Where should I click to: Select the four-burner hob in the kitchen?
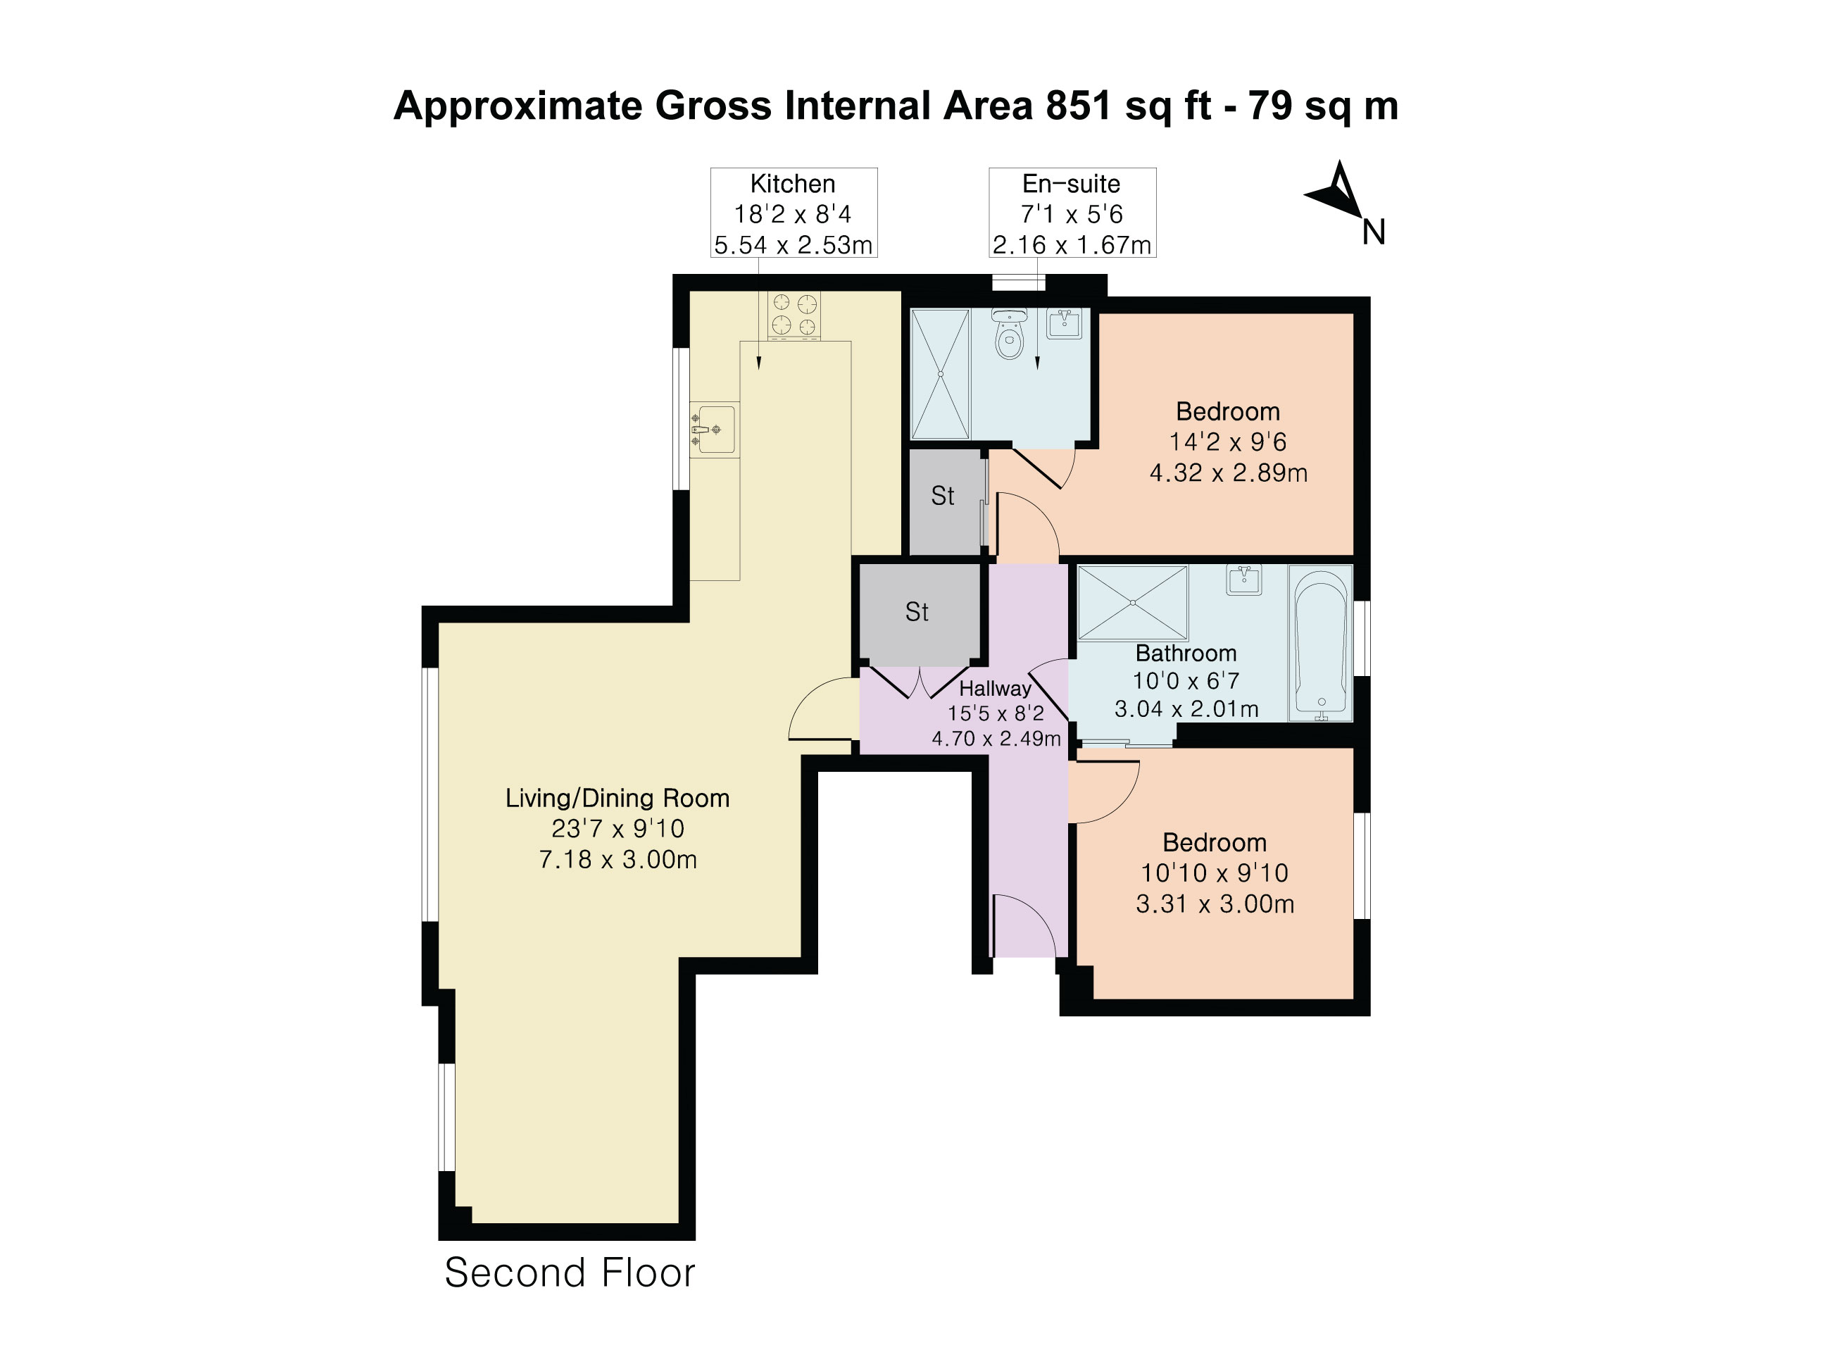click(794, 316)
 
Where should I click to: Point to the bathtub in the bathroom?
click(1321, 643)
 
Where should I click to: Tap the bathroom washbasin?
click(1244, 580)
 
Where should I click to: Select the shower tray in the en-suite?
click(940, 374)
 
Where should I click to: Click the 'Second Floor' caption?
click(570, 1273)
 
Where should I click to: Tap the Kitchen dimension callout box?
click(794, 213)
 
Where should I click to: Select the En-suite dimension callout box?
click(1072, 213)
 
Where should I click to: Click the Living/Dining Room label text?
click(617, 798)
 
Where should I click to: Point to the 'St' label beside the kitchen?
click(942, 495)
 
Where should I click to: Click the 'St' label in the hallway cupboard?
click(917, 611)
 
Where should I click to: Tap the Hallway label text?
click(995, 688)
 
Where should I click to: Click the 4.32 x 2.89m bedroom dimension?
click(1229, 473)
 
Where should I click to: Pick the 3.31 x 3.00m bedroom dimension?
click(1215, 904)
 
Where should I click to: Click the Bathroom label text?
click(1186, 653)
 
